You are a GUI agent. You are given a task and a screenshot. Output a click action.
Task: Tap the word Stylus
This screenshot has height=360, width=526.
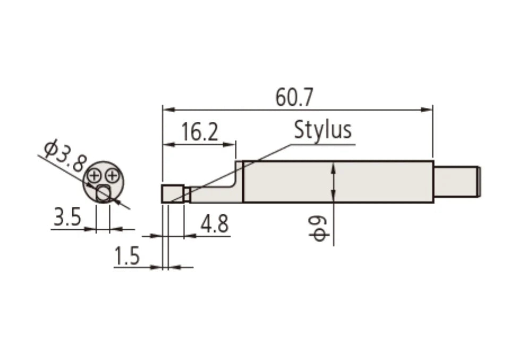[x=323, y=129]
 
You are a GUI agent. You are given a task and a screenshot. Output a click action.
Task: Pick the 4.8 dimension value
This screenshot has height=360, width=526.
[x=214, y=224]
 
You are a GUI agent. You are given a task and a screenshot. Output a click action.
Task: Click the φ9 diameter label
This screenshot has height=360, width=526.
[x=319, y=228]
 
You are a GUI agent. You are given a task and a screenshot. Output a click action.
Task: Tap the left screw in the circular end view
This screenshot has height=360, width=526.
[x=96, y=174]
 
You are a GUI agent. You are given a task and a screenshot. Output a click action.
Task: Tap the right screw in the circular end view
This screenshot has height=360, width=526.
[x=111, y=174]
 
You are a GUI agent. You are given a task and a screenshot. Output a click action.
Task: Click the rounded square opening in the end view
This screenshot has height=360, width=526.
[x=103, y=193]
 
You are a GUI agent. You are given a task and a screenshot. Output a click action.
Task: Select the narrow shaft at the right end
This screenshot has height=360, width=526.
[x=456, y=181]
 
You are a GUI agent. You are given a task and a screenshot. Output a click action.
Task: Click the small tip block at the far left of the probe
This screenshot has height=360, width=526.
[x=172, y=193]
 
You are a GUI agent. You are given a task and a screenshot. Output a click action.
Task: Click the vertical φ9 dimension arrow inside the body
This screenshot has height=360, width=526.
[x=333, y=182]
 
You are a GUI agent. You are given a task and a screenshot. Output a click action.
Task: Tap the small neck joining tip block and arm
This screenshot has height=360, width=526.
[x=187, y=195]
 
